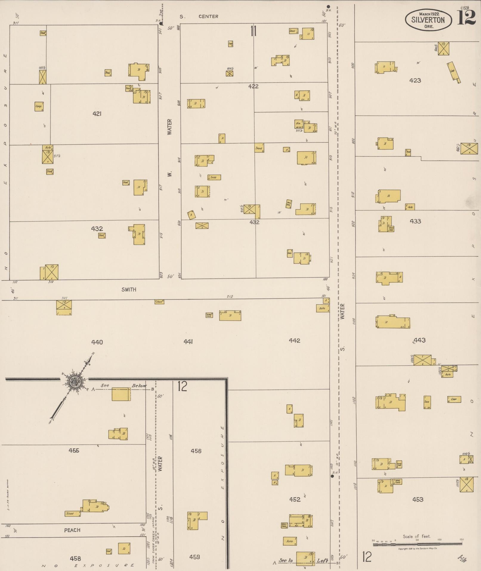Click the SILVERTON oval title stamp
pos(428,19)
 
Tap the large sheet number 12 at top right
pos(466,18)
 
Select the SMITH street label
pos(129,289)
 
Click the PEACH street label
pos(72,530)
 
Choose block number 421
pos(97,113)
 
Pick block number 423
pos(415,80)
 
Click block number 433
pos(415,221)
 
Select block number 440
pos(97,342)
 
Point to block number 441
pos(188,342)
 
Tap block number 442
pos(294,341)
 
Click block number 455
pos(74,450)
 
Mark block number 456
pos(196,451)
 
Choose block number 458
pos(75,558)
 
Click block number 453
pos(417,499)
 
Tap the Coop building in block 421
pos(39,106)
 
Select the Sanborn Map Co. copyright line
pos(417,549)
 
